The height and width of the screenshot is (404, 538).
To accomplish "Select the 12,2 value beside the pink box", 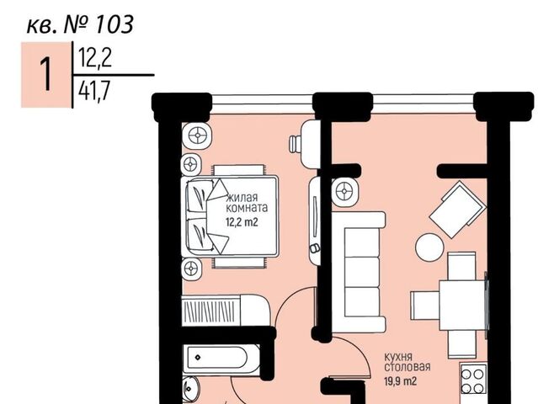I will [95, 58].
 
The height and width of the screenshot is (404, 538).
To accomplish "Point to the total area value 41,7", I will [95, 90].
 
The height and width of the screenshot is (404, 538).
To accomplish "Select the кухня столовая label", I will [408, 360].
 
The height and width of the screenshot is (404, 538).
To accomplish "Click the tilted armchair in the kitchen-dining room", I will [456, 208].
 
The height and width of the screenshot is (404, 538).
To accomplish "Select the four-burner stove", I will [472, 378].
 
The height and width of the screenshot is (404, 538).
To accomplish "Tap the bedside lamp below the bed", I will [191, 268].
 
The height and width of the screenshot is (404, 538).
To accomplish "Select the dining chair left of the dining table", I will [422, 300].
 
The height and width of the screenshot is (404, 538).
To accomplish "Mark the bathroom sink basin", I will [190, 388].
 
